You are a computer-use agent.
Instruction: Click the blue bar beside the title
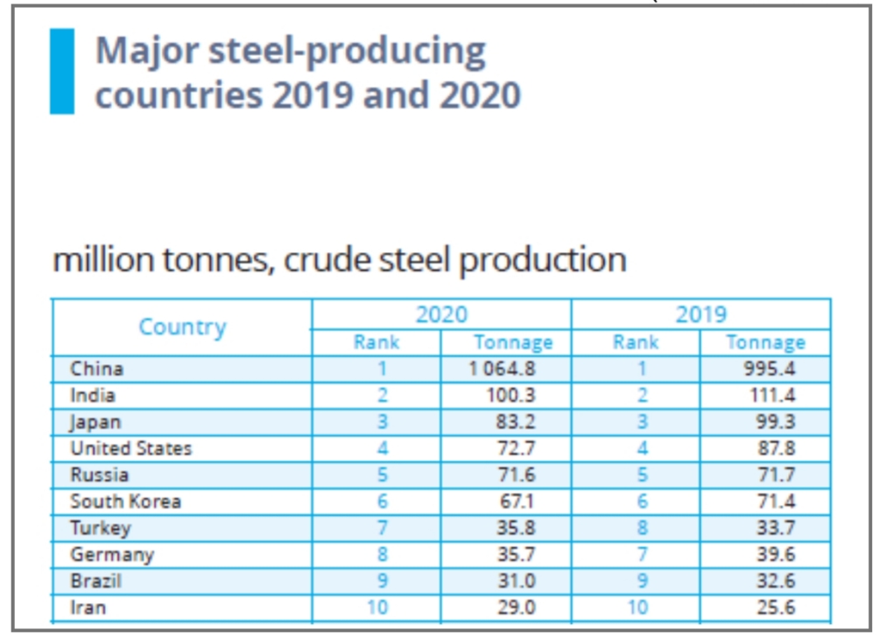coord(62,71)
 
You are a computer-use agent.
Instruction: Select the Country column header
coord(182,327)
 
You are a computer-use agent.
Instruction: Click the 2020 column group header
coord(440,314)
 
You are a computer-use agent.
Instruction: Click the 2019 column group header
coord(700,314)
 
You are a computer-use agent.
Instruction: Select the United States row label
coord(130,448)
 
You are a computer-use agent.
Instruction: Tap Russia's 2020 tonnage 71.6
coord(517,475)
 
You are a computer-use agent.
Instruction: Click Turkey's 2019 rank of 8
coord(642,528)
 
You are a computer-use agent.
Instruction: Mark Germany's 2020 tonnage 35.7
coord(517,554)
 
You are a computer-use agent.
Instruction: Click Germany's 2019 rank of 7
coord(642,554)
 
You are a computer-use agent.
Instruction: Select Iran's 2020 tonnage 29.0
coord(517,606)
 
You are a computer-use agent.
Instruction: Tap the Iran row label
coord(88,606)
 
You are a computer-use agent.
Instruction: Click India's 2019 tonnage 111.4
coord(773,395)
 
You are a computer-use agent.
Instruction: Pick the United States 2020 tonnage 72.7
coord(517,448)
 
